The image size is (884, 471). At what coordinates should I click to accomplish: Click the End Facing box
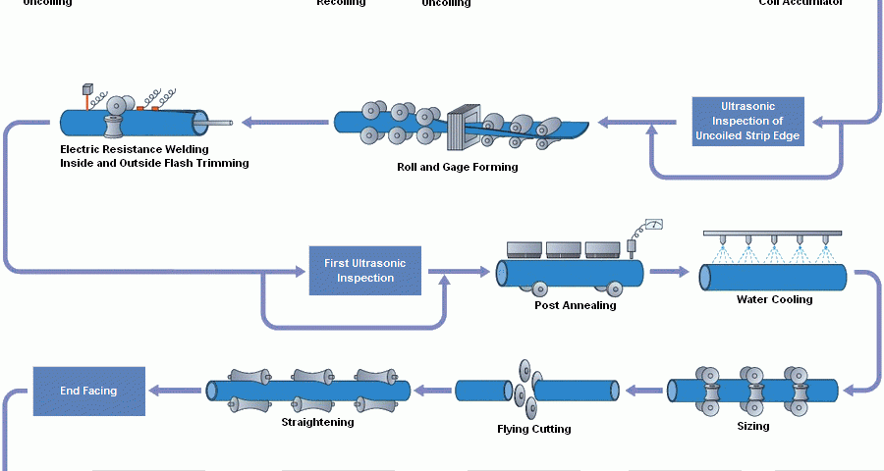point(88,391)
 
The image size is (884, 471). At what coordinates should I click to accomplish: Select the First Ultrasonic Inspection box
point(365,271)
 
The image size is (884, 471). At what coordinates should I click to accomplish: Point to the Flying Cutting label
point(534,429)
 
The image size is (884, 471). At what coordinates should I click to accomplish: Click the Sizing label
point(753,426)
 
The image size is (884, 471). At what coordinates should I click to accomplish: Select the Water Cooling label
point(774,299)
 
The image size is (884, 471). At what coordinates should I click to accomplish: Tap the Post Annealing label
point(575,305)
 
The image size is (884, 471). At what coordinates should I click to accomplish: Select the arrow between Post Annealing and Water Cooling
point(670,272)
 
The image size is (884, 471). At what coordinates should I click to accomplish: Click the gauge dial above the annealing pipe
point(653,225)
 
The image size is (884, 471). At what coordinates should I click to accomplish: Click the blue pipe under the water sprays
point(773,278)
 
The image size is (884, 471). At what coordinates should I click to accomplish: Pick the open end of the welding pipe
point(200,122)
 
